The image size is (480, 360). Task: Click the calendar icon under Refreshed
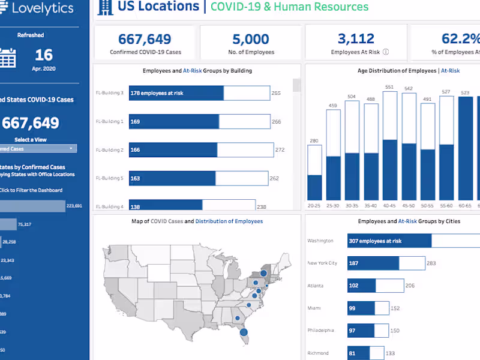(7, 58)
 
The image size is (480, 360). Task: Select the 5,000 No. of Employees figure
(251, 40)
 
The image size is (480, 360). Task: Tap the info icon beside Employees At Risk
(386, 52)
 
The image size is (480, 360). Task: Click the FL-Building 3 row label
(110, 93)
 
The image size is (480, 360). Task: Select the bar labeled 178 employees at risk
(176, 93)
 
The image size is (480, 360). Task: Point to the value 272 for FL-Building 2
(280, 150)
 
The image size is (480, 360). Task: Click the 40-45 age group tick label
(390, 205)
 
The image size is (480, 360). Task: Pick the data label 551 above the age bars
(390, 88)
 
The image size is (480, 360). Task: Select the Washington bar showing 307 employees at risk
(389, 241)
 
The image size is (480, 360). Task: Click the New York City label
(322, 263)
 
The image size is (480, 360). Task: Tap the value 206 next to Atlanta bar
(410, 286)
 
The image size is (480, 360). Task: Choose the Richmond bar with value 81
(358, 353)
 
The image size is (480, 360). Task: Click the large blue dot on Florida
(244, 332)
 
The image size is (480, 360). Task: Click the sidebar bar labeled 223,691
(32, 206)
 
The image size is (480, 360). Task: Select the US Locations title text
(158, 7)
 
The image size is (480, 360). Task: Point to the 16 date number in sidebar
(44, 55)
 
